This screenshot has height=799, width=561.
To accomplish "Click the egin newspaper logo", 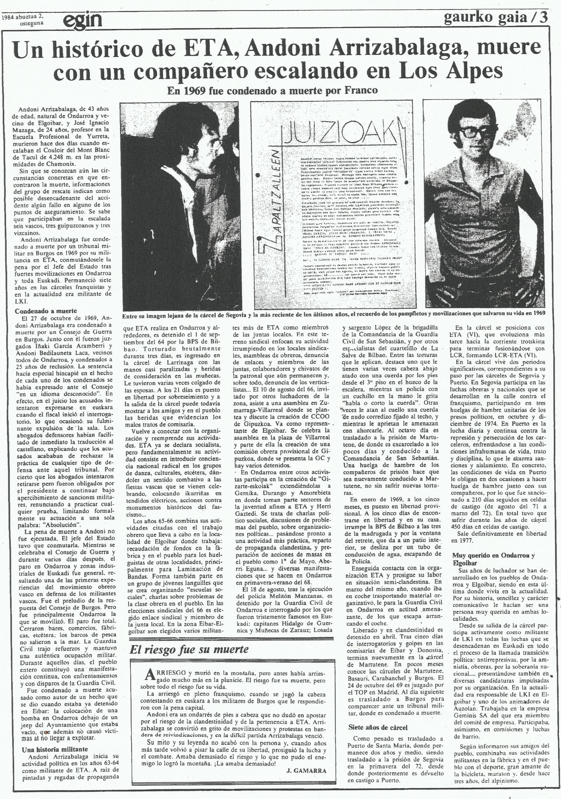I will coord(83,21).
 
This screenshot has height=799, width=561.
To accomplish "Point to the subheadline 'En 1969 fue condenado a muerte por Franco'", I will coord(273,91).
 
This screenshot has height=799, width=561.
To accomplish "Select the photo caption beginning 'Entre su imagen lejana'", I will coord(333,313).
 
